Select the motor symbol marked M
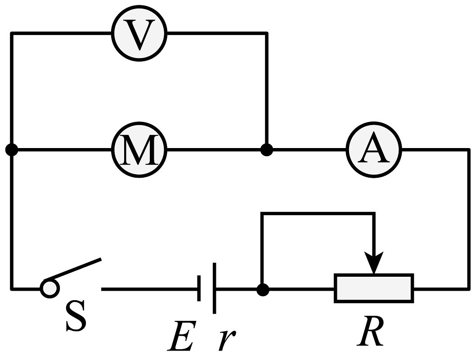[x=139, y=149]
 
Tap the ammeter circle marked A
[x=373, y=149]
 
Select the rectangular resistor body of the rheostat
[x=373, y=288]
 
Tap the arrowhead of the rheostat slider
[x=373, y=263]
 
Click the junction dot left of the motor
[x=12, y=149]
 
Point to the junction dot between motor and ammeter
[x=267, y=149]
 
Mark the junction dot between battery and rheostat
[x=262, y=289]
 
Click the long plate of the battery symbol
[x=214, y=288]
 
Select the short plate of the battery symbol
[x=199, y=288]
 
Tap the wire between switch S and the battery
[x=148, y=289]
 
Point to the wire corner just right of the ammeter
[x=468, y=149]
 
